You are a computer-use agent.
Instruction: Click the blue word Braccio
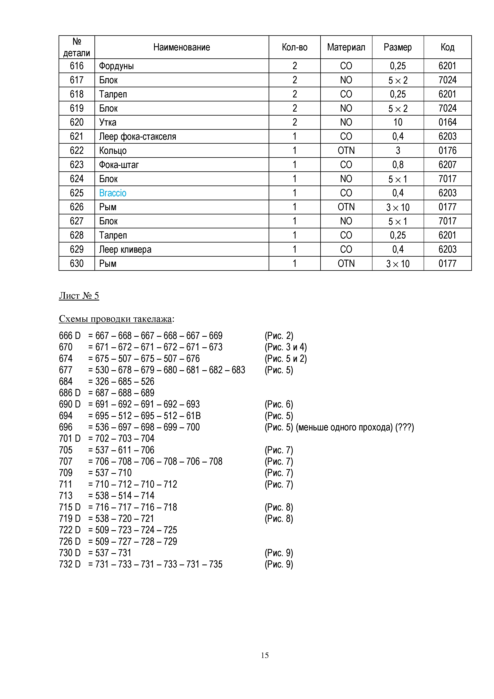pyautogui.click(x=113, y=193)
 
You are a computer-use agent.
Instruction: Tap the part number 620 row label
pyautogui.click(x=77, y=122)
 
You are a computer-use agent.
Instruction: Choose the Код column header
pyautogui.click(x=447, y=47)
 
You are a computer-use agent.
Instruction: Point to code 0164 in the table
pyautogui.click(x=447, y=122)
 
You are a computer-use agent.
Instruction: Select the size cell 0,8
pyautogui.click(x=398, y=165)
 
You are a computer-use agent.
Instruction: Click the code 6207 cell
pyautogui.click(x=447, y=165)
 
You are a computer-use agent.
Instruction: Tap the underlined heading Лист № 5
pyautogui.click(x=79, y=296)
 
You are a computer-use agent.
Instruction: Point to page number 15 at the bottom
pyautogui.click(x=264, y=655)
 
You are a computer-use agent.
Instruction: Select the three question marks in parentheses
pyautogui.click(x=405, y=427)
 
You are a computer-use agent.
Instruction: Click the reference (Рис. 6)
pyautogui.click(x=279, y=404)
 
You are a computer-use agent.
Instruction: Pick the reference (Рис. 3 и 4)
pyautogui.click(x=286, y=347)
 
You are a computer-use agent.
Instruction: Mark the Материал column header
pyautogui.click(x=346, y=47)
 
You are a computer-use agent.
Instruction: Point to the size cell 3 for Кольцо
pyautogui.click(x=398, y=151)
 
